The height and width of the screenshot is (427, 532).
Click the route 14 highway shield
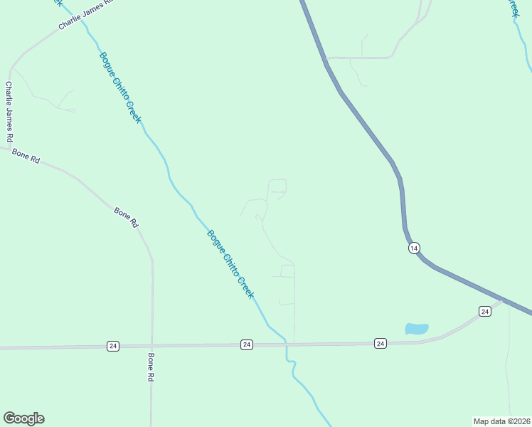(x=415, y=248)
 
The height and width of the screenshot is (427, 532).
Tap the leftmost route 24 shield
(x=113, y=346)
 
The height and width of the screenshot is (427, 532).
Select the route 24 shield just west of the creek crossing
(x=247, y=344)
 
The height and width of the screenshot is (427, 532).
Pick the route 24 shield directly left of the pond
(x=381, y=343)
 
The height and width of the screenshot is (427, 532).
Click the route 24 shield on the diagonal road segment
(x=484, y=311)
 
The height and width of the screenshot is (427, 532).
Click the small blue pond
(x=417, y=329)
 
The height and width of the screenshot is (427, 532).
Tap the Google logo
(x=23, y=418)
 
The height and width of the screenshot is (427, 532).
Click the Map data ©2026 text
(x=501, y=421)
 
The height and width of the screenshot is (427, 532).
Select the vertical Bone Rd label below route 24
(x=151, y=367)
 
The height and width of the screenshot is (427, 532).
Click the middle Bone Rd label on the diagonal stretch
(x=126, y=216)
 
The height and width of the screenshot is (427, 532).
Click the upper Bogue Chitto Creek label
(x=119, y=88)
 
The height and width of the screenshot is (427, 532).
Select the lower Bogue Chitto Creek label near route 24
(x=230, y=263)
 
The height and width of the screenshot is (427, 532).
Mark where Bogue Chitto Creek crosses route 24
(x=286, y=344)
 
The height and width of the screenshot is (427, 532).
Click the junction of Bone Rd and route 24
(x=152, y=346)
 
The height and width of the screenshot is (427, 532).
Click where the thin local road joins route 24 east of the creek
(x=294, y=344)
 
